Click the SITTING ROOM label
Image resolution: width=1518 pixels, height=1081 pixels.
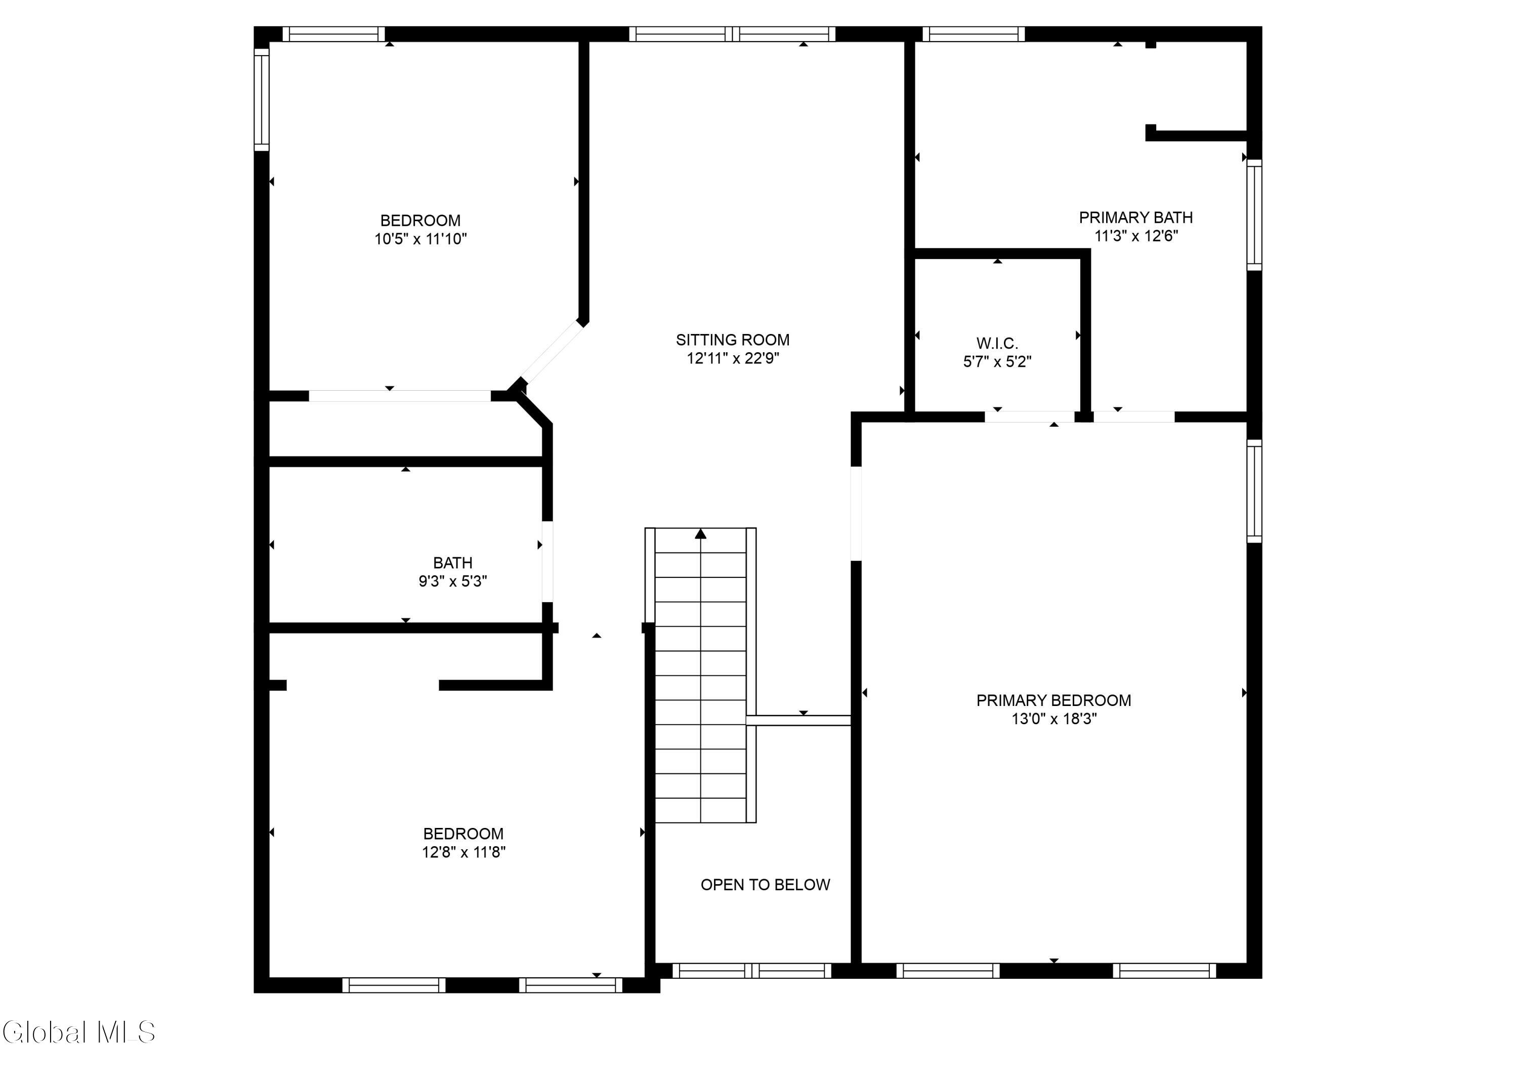(x=732, y=340)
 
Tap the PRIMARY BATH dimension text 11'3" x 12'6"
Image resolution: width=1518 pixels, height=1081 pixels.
(x=1135, y=236)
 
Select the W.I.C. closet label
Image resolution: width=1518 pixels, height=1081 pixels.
(x=996, y=344)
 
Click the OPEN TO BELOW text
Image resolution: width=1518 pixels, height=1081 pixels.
(x=765, y=885)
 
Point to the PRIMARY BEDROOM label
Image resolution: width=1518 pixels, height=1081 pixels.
(x=1053, y=700)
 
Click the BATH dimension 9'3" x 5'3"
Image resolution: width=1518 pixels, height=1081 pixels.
(x=452, y=581)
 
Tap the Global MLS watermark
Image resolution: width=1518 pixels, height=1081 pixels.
(x=78, y=1032)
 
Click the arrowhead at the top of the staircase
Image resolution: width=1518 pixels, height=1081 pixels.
(x=700, y=534)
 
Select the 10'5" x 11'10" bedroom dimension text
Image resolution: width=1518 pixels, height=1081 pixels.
(x=420, y=239)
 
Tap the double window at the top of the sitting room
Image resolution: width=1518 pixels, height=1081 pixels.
(x=732, y=34)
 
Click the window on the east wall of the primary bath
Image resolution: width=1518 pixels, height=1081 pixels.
(x=1254, y=215)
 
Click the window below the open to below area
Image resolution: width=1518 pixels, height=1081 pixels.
(x=751, y=971)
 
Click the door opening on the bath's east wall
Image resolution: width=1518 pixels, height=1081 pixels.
(x=547, y=561)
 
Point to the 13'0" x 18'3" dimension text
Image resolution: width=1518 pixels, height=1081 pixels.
(x=1053, y=719)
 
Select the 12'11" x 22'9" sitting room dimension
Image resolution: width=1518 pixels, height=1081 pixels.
(x=732, y=358)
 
